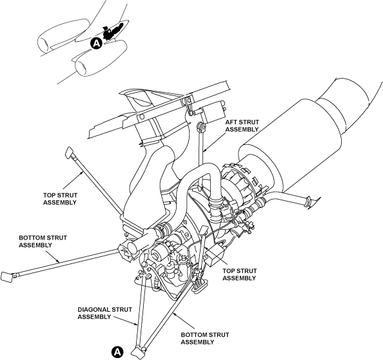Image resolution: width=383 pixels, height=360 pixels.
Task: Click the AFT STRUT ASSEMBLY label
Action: point(242,126)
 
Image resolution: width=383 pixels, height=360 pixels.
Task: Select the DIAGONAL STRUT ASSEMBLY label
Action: point(105,313)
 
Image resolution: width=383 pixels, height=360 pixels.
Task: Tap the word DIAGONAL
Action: point(94,310)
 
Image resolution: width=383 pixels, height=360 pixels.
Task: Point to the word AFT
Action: point(230,122)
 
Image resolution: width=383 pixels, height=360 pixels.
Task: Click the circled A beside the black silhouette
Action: point(97,43)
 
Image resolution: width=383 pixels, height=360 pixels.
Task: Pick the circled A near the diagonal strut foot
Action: point(117,352)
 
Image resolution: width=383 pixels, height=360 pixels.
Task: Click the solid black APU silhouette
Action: point(112,31)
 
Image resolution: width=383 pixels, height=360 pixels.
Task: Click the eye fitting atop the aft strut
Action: point(201,127)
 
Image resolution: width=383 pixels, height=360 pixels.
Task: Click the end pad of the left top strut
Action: point(69,153)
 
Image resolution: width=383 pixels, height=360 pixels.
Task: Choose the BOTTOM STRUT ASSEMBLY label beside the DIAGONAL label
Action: point(204,338)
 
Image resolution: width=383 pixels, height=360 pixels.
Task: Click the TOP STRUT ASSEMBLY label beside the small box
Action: point(239,274)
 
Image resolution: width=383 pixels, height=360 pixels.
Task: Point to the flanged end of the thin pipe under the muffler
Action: point(309,201)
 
